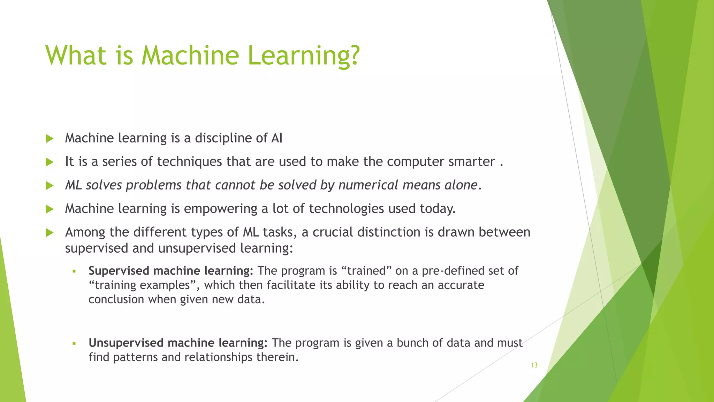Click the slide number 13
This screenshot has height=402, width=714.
point(534,365)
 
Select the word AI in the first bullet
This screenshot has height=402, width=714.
point(276,138)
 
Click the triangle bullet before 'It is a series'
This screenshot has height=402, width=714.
point(50,162)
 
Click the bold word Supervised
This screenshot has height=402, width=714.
point(119,271)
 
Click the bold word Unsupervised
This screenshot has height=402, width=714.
point(126,343)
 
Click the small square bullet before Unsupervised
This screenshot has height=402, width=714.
point(74,343)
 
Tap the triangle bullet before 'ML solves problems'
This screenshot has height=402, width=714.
point(50,185)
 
